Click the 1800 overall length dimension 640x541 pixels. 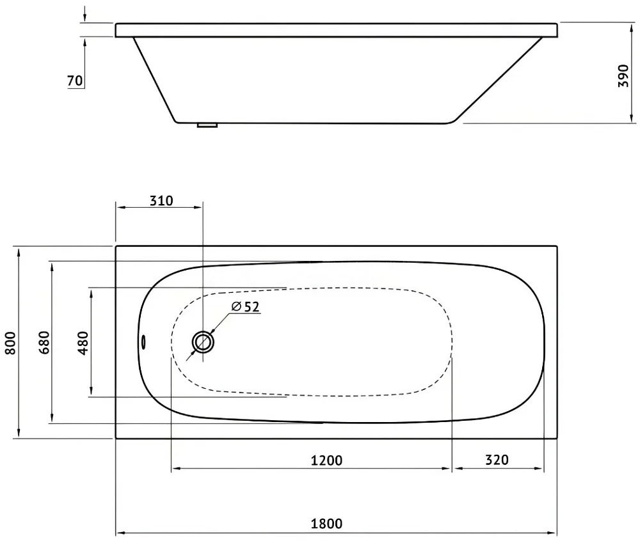click(x=326, y=524)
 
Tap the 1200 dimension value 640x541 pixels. click(x=326, y=460)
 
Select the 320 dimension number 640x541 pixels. click(x=497, y=460)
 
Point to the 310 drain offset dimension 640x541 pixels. click(x=161, y=201)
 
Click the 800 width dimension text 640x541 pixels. click(x=11, y=343)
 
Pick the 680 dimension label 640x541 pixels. click(x=44, y=343)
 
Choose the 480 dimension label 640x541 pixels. click(x=83, y=343)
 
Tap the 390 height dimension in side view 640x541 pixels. click(x=623, y=75)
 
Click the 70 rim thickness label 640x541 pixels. click(x=75, y=81)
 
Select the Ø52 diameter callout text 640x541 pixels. click(x=245, y=306)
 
